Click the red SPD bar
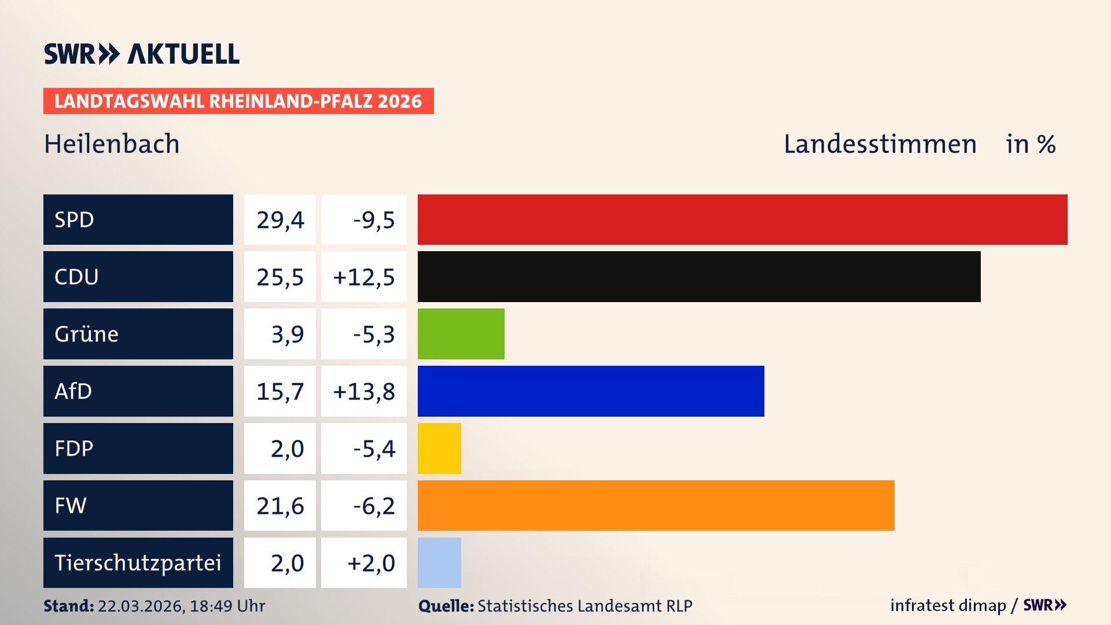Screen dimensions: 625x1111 point(742,219)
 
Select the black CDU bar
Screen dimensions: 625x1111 point(698,277)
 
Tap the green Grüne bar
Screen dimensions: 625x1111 point(461,334)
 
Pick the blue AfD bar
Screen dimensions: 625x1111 point(590,391)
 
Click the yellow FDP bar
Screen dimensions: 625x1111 point(439,448)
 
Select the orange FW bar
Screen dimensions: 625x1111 point(656,505)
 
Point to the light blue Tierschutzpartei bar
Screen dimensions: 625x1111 point(439,562)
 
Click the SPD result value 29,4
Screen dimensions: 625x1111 point(280,220)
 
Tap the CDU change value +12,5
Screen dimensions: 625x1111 point(363,277)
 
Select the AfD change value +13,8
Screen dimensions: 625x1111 point(363,392)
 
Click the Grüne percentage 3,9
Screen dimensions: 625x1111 point(287,334)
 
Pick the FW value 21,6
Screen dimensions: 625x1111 point(280,506)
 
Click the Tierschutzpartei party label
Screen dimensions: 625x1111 point(138,562)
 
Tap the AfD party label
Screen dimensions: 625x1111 point(73,391)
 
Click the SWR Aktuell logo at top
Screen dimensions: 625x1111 point(142,54)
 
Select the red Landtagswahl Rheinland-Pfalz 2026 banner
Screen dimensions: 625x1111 point(238,101)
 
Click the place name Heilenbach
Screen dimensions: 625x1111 point(112,144)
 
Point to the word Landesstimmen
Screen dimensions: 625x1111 point(880,144)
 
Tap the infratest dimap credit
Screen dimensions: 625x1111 point(948,605)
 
